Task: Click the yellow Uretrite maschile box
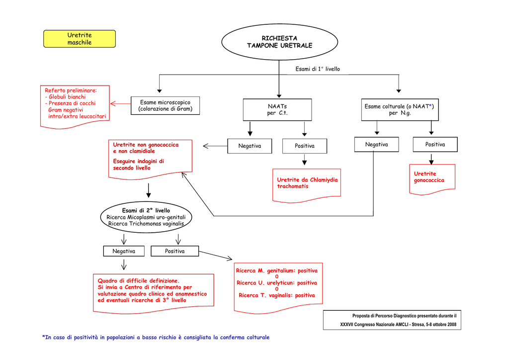pyautogui.click(x=80, y=39)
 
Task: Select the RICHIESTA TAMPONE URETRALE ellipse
pyautogui.click(x=279, y=42)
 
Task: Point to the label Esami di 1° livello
pyautogui.click(x=318, y=69)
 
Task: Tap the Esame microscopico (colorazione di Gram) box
pyautogui.click(x=165, y=106)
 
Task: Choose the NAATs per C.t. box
pyautogui.click(x=277, y=109)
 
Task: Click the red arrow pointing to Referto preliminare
pyautogui.click(x=120, y=103)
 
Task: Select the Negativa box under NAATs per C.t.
pyautogui.click(x=250, y=146)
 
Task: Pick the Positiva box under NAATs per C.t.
pyautogui.click(x=305, y=146)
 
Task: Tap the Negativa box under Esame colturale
pyautogui.click(x=376, y=145)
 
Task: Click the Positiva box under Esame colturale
pyautogui.click(x=435, y=145)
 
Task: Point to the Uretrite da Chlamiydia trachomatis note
pyautogui.click(x=307, y=183)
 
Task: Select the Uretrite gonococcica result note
pyautogui.click(x=432, y=177)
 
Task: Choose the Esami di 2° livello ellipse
pyautogui.click(x=146, y=217)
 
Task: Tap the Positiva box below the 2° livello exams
pyautogui.click(x=174, y=252)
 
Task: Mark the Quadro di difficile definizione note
pyautogui.click(x=153, y=291)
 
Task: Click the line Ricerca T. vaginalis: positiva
pyautogui.click(x=277, y=295)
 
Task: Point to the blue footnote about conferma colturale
pyautogui.click(x=156, y=338)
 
